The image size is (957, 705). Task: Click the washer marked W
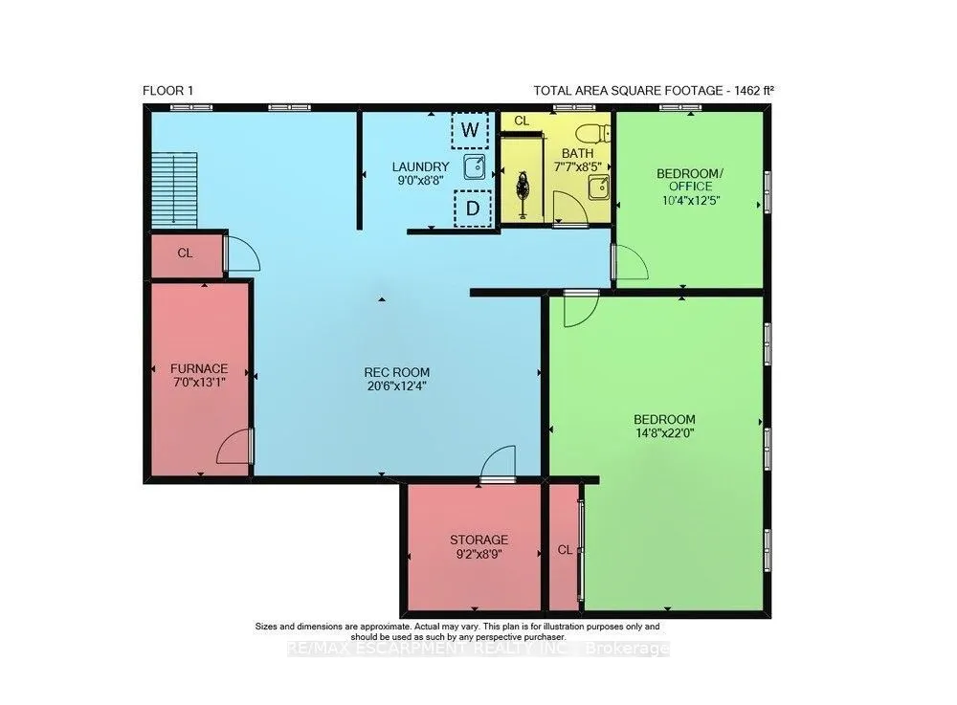469,130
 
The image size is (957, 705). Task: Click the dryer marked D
473,209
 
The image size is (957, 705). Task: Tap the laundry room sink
475,167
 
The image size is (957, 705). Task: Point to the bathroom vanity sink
599,187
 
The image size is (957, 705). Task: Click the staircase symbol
174,189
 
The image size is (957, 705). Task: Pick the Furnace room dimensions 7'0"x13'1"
199,383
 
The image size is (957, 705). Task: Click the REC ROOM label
397,372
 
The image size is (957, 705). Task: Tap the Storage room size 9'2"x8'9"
479,554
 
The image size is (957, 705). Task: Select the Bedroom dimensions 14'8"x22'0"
665,433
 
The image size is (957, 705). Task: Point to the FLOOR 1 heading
167,91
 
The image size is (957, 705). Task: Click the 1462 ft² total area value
754,91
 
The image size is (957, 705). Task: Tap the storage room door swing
498,464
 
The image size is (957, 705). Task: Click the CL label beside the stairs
185,253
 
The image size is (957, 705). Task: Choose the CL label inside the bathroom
522,121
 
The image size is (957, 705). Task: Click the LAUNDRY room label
420,166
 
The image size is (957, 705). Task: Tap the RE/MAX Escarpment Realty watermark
478,649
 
